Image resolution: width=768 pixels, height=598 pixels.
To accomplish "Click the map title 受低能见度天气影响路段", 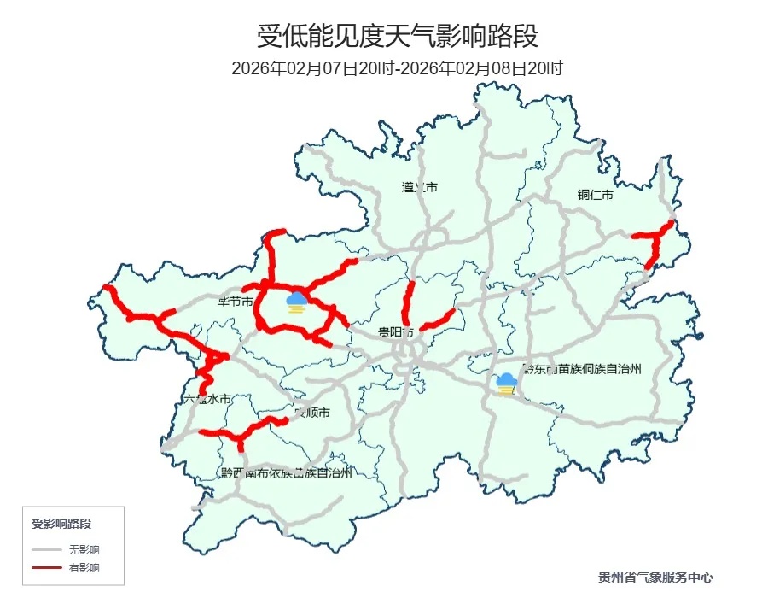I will [398, 37].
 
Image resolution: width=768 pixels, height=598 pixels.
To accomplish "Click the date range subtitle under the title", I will [398, 68].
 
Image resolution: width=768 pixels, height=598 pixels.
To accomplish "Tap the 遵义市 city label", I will [419, 187].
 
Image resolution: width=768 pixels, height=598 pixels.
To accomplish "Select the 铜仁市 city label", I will [595, 196].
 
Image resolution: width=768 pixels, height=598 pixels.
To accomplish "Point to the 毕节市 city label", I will [236, 302].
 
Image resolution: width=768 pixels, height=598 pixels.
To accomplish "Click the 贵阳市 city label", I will [396, 331].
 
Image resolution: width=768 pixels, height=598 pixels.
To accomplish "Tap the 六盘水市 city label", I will [207, 399].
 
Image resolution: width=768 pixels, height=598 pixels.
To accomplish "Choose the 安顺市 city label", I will [312, 413].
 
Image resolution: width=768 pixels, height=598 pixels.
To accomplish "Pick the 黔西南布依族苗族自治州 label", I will [286, 472].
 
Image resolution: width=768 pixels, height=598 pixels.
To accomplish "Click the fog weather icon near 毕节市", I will [297, 302].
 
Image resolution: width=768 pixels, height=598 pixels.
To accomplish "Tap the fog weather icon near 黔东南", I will [507, 384].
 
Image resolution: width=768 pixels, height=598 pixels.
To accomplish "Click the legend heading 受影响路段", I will [61, 523].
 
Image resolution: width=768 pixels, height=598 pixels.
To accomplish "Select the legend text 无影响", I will [84, 549].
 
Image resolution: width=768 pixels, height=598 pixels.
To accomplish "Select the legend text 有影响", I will [84, 567].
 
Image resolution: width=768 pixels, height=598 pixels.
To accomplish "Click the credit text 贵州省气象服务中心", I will [655, 577].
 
